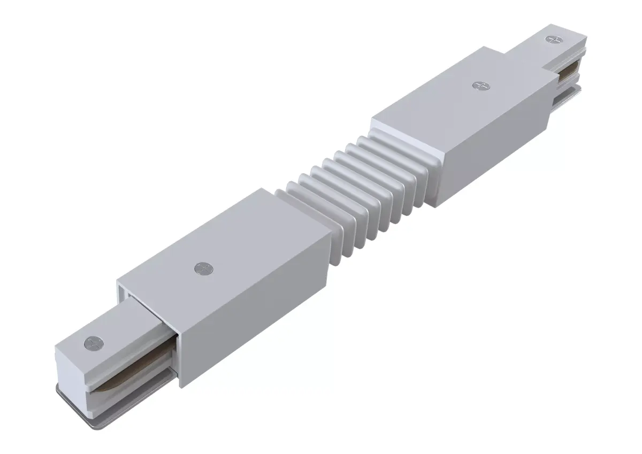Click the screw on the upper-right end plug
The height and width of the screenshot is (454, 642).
coord(552,39)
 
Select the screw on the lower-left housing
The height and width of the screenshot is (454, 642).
coord(202,267)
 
